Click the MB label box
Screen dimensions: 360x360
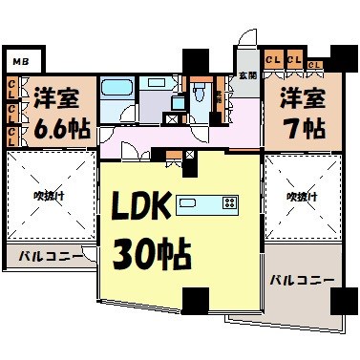click(x=19, y=62)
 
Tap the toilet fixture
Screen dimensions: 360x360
click(x=198, y=93)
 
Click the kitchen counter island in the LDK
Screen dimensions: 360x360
click(x=205, y=202)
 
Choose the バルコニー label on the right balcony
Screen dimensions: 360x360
click(x=300, y=281)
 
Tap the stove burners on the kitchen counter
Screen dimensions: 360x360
click(x=229, y=202)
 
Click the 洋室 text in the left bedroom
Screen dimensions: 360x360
click(x=58, y=97)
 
